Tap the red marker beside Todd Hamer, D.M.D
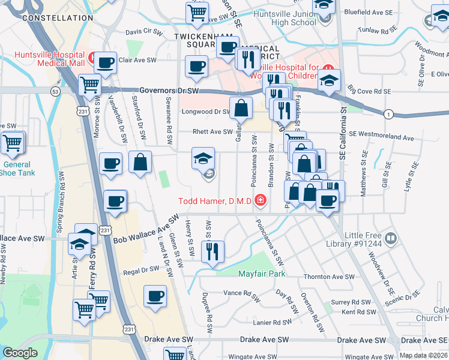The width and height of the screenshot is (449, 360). (260, 200)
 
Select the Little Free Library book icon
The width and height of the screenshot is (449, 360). (391, 239)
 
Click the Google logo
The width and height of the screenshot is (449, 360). (20, 353)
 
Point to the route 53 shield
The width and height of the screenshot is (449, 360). (55, 92)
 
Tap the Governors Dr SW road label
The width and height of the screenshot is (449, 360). (169, 91)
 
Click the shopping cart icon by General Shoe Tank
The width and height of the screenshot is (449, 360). (11, 143)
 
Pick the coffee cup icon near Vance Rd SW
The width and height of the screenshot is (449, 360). (155, 296)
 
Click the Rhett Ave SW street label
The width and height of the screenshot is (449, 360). (212, 132)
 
